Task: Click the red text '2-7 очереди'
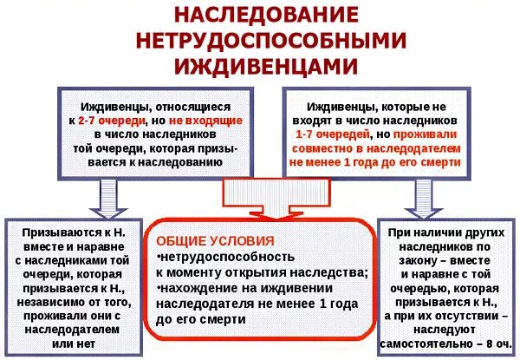112,121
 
